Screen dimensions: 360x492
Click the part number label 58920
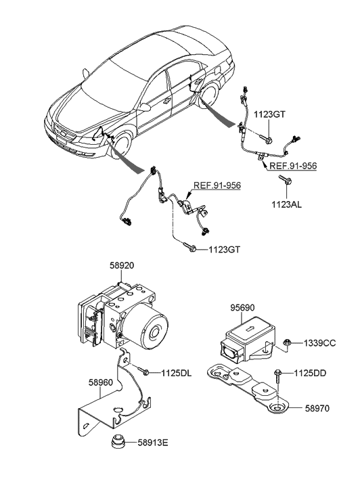pyautogui.click(x=121, y=265)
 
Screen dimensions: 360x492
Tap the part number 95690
pyautogui.click(x=243, y=307)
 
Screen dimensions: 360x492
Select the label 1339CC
pyautogui.click(x=319, y=343)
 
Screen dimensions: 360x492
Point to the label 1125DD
pyautogui.click(x=310, y=373)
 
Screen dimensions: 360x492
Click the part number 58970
pyautogui.click(x=317, y=408)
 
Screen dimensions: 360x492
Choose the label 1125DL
pyautogui.click(x=177, y=373)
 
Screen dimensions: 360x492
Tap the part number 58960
pyautogui.click(x=100, y=382)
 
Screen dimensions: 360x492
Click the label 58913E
pyautogui.click(x=153, y=443)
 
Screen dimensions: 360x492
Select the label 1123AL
pyautogui.click(x=286, y=205)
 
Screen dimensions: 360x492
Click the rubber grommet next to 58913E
pyautogui.click(x=118, y=442)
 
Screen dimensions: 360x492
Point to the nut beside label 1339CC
pyautogui.click(x=286, y=342)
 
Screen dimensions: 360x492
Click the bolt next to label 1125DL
pyautogui.click(x=143, y=371)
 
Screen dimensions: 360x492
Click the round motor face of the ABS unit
pyautogui.click(x=154, y=332)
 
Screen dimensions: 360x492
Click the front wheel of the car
pyautogui.click(x=122, y=146)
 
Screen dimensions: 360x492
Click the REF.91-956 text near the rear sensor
pyautogui.click(x=293, y=166)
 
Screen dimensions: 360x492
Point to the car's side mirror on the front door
pyautogui.click(x=145, y=108)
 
